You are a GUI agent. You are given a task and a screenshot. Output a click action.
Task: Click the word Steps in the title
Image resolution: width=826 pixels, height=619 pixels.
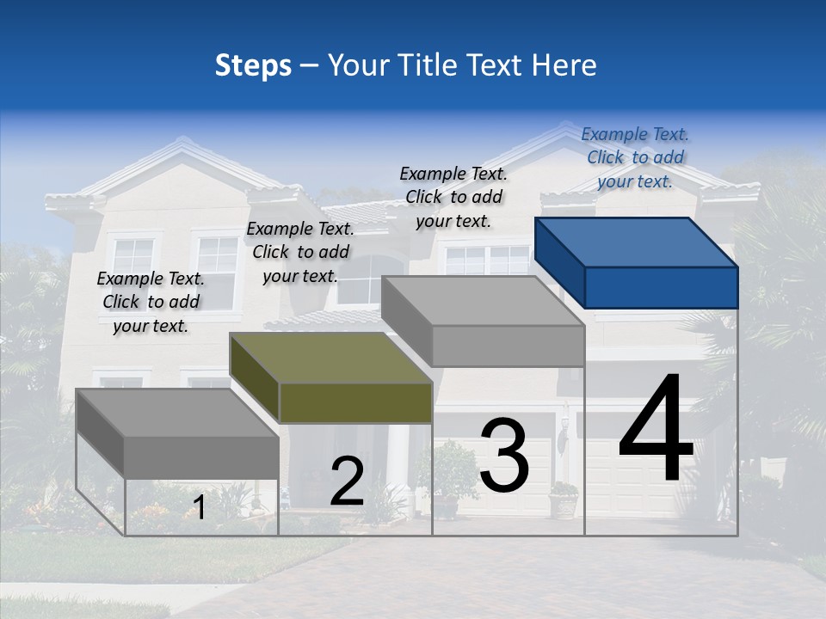click(253, 65)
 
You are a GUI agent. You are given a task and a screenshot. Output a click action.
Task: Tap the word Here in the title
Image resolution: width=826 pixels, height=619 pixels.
click(563, 65)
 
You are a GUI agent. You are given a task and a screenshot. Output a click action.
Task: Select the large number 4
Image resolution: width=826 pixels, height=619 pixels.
click(656, 429)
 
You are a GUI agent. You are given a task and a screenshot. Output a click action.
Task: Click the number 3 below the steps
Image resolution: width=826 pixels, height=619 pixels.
click(504, 455)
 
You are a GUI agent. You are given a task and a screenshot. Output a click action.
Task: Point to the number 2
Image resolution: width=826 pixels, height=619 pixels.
click(347, 482)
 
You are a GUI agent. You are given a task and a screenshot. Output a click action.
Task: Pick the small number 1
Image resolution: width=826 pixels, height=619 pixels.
click(199, 508)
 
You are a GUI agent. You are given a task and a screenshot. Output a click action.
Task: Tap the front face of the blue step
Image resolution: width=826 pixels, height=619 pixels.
click(661, 287)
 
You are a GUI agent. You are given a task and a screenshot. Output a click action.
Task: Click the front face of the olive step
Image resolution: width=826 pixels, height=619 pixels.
click(355, 402)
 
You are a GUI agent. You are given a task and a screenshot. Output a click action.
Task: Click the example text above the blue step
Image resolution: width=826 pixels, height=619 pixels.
click(635, 157)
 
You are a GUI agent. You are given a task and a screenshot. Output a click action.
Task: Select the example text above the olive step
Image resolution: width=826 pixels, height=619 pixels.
click(300, 252)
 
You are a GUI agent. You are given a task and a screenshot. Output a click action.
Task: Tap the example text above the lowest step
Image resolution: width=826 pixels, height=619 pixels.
click(151, 302)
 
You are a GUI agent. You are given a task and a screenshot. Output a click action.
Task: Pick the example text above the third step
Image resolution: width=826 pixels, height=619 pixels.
click(453, 197)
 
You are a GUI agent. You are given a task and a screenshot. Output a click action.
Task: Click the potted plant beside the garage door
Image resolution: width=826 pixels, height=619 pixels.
click(564, 499)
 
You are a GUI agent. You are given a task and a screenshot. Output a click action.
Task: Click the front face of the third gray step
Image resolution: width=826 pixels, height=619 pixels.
click(508, 346)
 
